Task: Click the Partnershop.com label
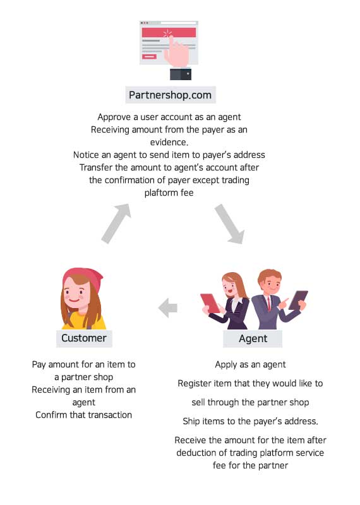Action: coord(170,95)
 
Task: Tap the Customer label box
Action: coord(84,338)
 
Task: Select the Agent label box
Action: coord(253,338)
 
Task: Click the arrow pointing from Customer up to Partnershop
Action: coord(116,223)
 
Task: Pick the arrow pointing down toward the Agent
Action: coord(230,224)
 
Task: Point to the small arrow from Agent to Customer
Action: coord(168,308)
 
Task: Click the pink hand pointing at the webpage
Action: coord(176,52)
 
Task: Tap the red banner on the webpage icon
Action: coord(169,32)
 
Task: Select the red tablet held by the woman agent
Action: coord(210,303)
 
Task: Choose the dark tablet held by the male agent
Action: coord(298,300)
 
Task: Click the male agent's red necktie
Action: coord(269,304)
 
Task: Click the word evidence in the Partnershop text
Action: coord(169,142)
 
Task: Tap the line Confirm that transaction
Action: coord(84,415)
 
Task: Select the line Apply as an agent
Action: coord(250,365)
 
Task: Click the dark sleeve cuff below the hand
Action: coord(181,74)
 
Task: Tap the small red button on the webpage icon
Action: coord(149,57)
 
